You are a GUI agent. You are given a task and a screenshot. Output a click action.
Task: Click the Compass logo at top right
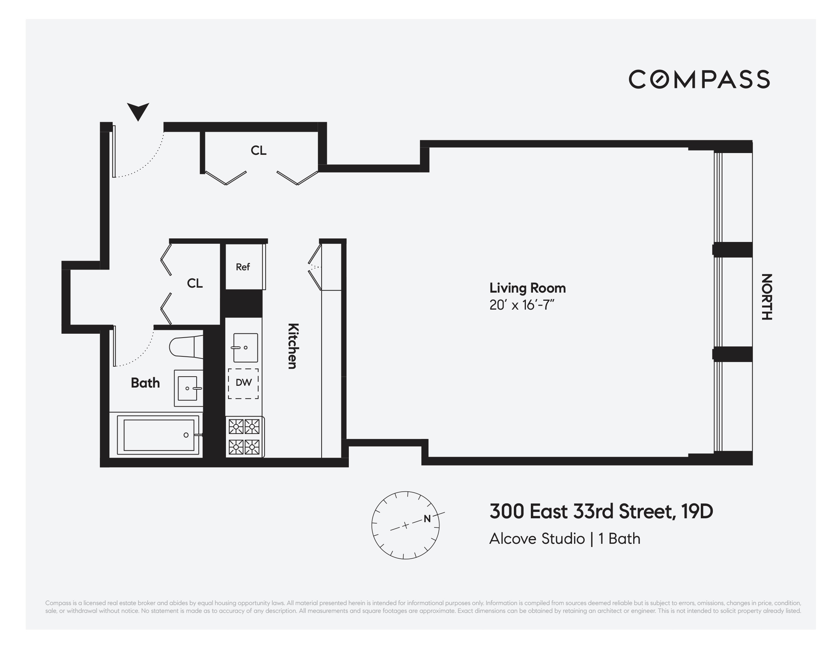[699, 79]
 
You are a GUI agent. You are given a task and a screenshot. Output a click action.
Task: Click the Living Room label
[527, 288]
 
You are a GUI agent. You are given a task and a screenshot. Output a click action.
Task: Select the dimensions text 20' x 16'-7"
[522, 305]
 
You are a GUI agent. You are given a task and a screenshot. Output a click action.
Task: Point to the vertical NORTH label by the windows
[767, 297]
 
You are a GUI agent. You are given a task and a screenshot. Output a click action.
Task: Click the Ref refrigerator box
[243, 267]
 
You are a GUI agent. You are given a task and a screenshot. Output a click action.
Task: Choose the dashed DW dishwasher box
[243, 383]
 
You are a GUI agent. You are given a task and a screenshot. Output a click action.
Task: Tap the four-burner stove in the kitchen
[244, 437]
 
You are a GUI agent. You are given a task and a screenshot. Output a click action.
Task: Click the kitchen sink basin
[246, 348]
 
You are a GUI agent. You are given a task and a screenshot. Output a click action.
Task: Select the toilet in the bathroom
[186, 348]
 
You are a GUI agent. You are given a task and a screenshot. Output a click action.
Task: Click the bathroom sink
[188, 388]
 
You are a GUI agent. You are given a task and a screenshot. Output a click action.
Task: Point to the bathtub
[158, 435]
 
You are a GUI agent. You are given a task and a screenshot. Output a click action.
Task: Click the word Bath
[146, 383]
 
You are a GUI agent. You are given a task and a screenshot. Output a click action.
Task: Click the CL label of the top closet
[259, 151]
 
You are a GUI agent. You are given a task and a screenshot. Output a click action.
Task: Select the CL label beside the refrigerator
[195, 283]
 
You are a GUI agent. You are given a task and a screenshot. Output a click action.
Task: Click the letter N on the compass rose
[427, 519]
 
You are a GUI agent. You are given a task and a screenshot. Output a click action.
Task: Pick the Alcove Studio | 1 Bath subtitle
[564, 538]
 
